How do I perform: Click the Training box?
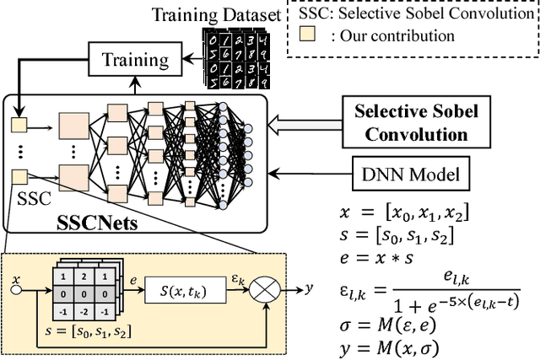pos(134,60)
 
